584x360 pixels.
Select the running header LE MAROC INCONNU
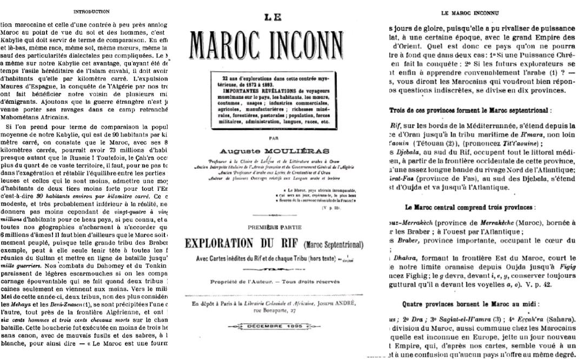469,11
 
